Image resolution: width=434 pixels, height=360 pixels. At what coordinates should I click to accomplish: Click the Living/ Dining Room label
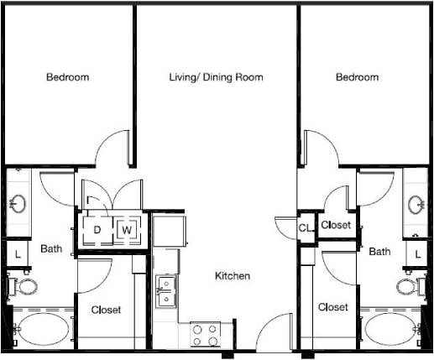[x=216, y=77]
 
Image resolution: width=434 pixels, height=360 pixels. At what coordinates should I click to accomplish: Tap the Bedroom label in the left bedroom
[x=67, y=77]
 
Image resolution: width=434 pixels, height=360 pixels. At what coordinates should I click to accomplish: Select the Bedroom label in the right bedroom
[x=357, y=77]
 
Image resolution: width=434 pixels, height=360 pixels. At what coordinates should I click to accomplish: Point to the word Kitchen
[x=233, y=276]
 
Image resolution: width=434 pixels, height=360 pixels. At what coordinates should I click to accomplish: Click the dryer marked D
[x=97, y=229]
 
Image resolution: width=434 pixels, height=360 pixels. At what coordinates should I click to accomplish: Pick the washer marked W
[x=127, y=229]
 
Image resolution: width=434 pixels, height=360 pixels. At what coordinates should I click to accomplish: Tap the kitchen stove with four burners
[x=203, y=335]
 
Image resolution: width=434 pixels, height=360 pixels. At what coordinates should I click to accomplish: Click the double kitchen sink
[x=166, y=294]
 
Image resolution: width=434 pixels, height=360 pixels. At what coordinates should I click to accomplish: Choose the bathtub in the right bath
[x=390, y=330]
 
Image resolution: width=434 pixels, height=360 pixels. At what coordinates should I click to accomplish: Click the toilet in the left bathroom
[x=25, y=286]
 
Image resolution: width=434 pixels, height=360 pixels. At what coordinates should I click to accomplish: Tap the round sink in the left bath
[x=18, y=203]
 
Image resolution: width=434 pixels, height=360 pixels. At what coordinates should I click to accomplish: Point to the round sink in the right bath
[x=416, y=203]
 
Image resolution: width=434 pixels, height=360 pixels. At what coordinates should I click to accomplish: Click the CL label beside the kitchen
[x=305, y=227]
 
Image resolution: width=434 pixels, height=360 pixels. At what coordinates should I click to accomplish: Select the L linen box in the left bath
[x=17, y=252]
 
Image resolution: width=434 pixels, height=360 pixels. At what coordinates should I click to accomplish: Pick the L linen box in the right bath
[x=417, y=252]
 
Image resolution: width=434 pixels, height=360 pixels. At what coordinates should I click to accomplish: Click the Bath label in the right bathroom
[x=379, y=251]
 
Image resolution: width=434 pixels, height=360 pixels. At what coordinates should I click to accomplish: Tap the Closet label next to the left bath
[x=106, y=310]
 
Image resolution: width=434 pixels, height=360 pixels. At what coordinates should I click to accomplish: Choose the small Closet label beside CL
[x=336, y=225]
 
